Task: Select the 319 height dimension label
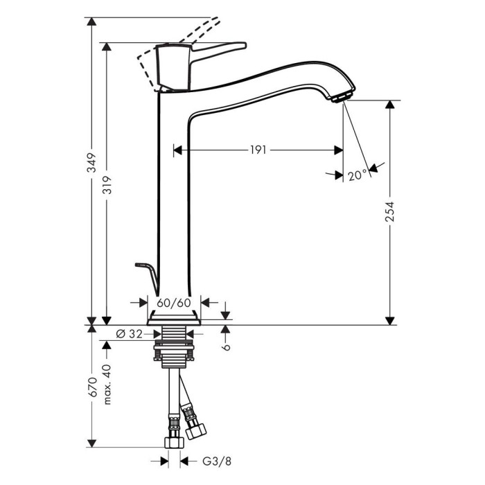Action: pos(107,185)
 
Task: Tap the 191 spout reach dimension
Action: pos(258,150)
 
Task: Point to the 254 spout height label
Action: pos(390,211)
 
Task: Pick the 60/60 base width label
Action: pos(174,303)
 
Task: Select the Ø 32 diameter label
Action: pos(130,334)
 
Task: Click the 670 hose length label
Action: pos(93,387)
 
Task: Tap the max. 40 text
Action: pos(107,385)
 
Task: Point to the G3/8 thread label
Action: pos(217,461)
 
